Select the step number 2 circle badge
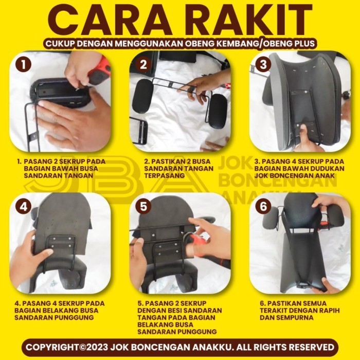click(143, 65)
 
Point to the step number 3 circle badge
click(263, 65)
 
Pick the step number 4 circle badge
click(23, 207)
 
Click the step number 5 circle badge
click(143, 207)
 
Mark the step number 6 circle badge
click(263, 207)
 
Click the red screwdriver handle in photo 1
click(100, 72)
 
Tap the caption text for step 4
click(59, 311)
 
